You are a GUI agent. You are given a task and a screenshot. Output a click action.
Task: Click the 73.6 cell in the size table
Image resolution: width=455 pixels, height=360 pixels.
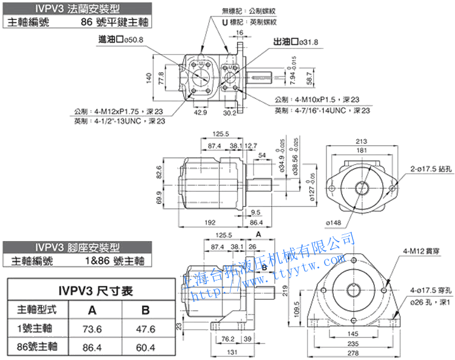[92, 328]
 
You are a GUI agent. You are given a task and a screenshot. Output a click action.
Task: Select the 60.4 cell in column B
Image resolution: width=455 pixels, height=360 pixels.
[145, 347]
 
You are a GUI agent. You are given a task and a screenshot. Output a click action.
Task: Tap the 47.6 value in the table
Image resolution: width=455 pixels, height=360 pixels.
[145, 328]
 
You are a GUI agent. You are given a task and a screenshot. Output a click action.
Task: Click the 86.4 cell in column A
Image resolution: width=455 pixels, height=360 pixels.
[92, 347]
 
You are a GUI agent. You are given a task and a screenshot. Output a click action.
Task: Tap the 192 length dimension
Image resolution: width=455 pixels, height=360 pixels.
[212, 222]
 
